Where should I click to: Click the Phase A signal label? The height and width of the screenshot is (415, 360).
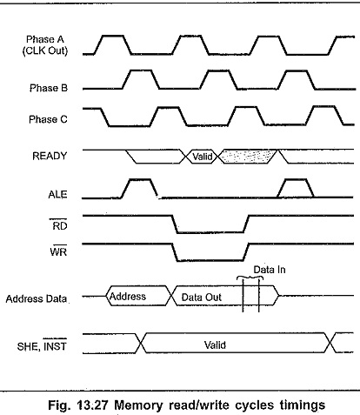point(45,39)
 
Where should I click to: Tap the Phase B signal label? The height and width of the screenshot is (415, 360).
point(49,88)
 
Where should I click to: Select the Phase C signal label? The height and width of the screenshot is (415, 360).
point(48,119)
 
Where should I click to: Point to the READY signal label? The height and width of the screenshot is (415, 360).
point(50,156)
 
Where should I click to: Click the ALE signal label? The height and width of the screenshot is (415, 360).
point(57,194)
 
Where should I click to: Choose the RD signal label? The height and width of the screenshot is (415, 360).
point(60,225)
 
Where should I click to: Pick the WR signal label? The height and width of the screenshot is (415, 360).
point(58,251)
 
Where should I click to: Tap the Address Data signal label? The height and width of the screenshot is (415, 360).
point(37,298)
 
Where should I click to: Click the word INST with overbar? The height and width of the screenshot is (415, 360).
point(55,345)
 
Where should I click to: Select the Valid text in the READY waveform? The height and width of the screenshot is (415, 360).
point(203,157)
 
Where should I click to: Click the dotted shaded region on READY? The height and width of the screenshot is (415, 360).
point(247,157)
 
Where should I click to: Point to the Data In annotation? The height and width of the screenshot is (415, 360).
point(270,270)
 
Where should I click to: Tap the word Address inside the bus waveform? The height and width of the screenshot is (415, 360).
point(128,297)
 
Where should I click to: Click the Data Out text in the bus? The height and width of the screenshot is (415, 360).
point(202,298)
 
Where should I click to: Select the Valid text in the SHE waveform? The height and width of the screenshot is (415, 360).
point(215,345)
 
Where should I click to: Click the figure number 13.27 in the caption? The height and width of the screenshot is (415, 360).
point(93,405)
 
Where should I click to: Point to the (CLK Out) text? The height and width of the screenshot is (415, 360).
point(45,50)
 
